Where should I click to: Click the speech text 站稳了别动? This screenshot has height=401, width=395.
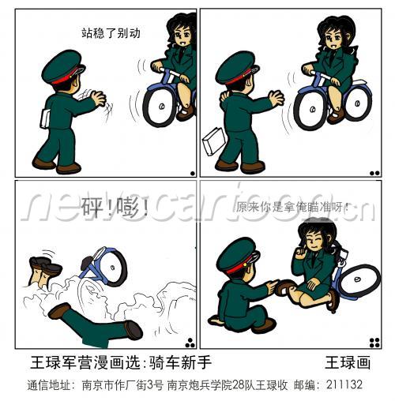[111, 33]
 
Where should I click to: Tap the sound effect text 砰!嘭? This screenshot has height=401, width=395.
[114, 207]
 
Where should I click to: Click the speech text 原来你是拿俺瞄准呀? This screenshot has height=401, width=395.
[292, 207]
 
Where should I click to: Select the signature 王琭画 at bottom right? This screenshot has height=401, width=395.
[348, 362]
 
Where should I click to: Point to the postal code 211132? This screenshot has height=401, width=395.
[344, 384]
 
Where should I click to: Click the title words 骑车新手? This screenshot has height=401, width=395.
[180, 362]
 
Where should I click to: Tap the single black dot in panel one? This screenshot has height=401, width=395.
[193, 174]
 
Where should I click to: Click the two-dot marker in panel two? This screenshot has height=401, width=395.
[374, 173]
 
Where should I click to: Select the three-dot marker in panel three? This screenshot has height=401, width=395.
[190, 343]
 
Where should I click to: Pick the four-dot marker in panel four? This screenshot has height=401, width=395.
[374, 343]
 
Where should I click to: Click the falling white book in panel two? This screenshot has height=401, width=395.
[213, 141]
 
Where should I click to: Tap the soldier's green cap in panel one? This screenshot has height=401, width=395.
[62, 66]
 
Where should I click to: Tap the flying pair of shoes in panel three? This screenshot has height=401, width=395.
[45, 266]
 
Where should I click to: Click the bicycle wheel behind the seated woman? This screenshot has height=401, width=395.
[359, 281]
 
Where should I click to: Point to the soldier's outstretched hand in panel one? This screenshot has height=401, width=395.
[98, 98]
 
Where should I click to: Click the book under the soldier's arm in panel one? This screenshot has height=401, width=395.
[45, 118]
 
